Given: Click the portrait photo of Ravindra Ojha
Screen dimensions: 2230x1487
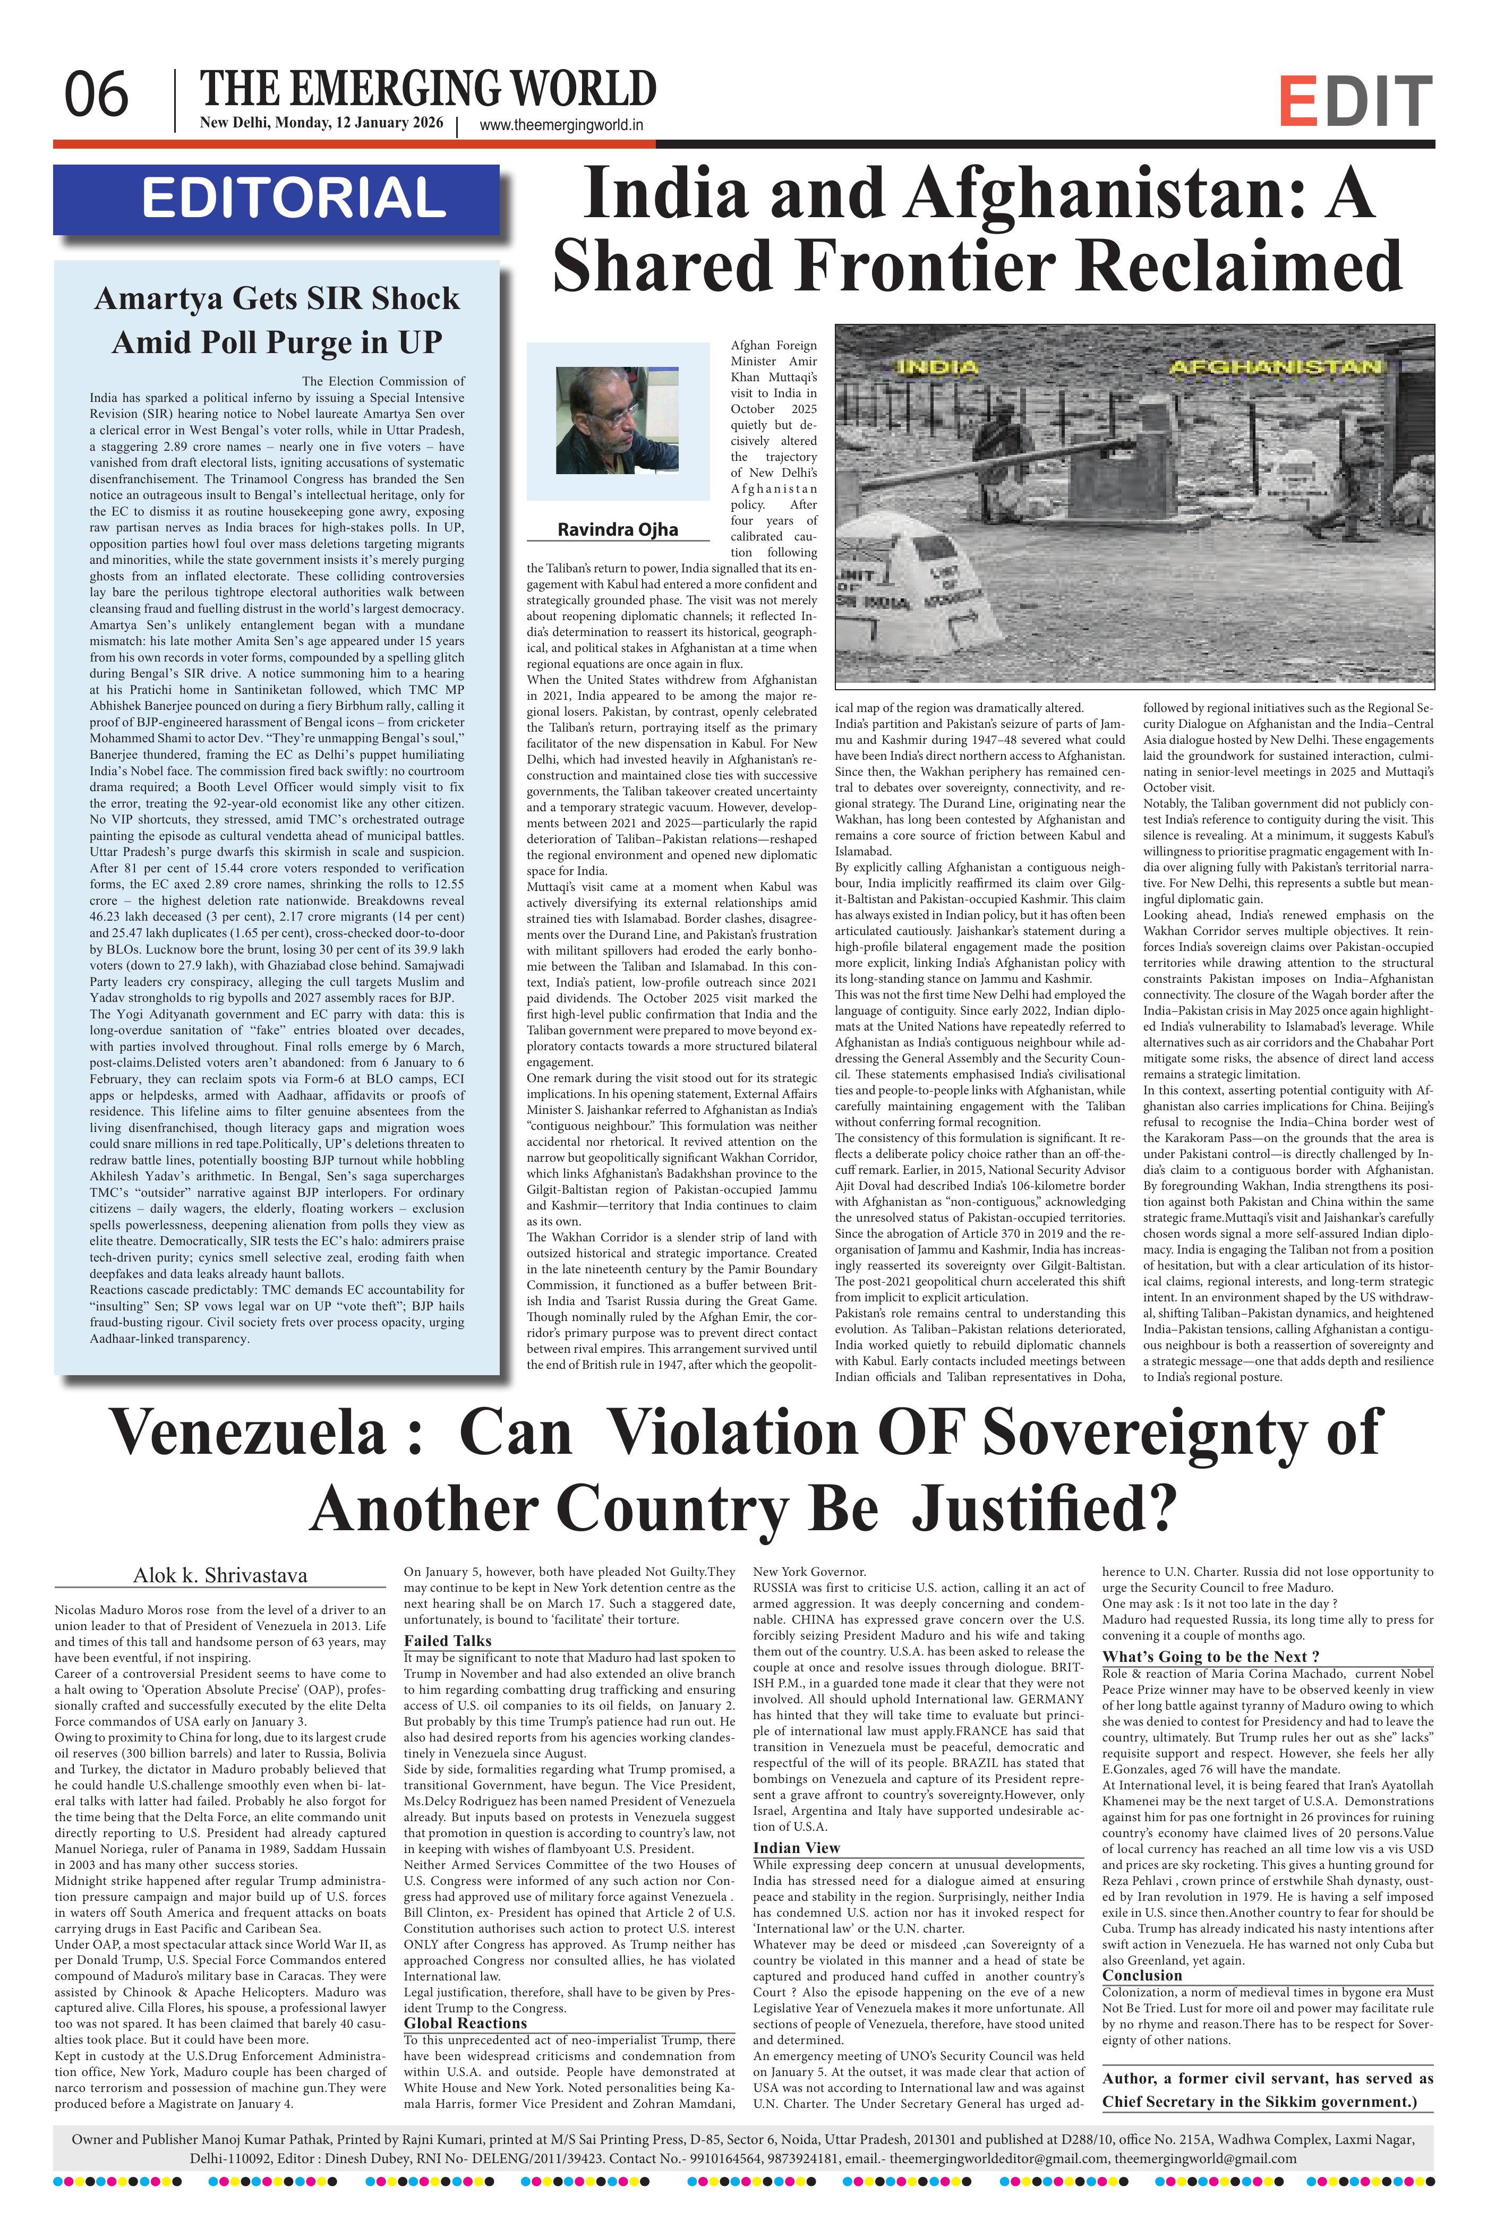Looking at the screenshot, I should click(x=617, y=420).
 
